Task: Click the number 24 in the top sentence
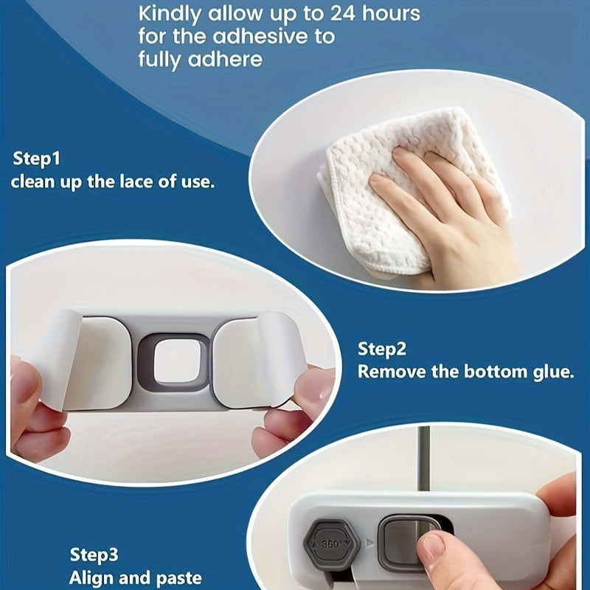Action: pos(341,14)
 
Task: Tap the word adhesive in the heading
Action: pos(257,36)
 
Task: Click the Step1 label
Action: pos(36,159)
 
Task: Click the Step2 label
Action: pos(382,350)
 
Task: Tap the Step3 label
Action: pos(94,555)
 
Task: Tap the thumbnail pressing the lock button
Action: pos(431,546)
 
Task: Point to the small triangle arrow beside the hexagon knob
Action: pos(369,544)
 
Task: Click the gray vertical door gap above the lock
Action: pos(423,459)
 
